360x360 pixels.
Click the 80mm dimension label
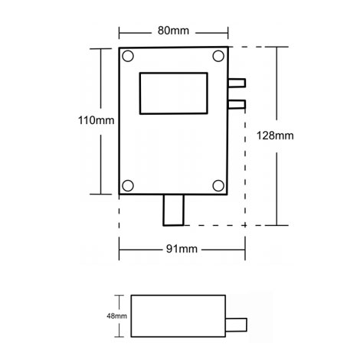tap(175, 31)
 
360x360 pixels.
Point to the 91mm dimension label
tap(181, 249)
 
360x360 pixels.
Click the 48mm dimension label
tap(118, 314)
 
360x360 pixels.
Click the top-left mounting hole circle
tap(128, 56)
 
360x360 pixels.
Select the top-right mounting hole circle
tap(219, 56)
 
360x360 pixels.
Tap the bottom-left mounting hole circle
tap(128, 184)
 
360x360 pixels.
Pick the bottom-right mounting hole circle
tap(219, 184)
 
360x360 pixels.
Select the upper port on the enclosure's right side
tap(237, 83)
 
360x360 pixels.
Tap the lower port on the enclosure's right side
tap(237, 103)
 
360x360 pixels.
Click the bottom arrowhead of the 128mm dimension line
tap(277, 224)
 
